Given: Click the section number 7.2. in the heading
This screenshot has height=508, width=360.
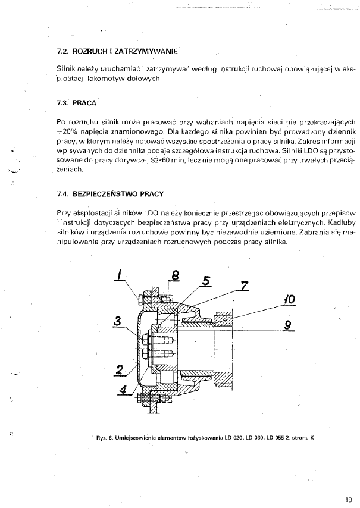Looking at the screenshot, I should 62,51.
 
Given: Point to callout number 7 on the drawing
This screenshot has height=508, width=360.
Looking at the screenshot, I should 244,284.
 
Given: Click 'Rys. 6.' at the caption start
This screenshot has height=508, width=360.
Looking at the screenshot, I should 105,438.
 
